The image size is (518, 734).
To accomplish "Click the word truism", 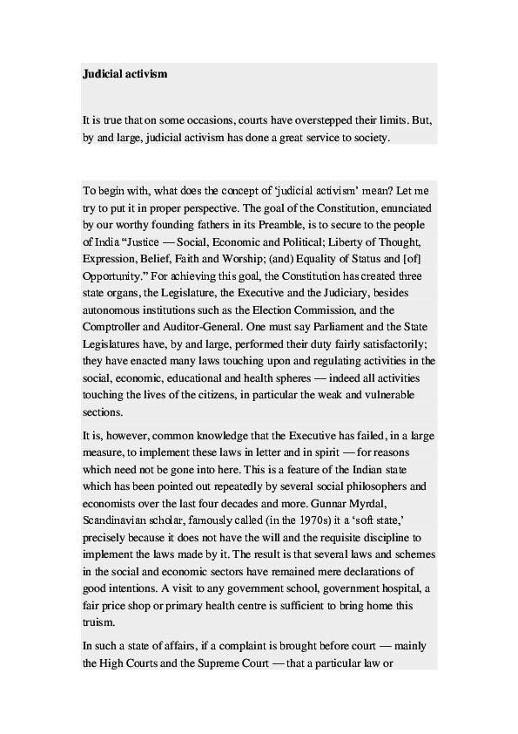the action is coord(100,622).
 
